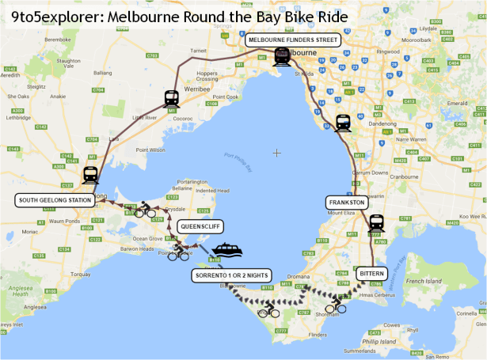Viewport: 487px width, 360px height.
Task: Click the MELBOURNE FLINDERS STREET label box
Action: pyautogui.click(x=292, y=40)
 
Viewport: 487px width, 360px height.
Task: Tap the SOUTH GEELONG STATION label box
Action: pyautogui.click(x=55, y=201)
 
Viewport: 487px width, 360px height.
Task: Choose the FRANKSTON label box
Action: pyautogui.click(x=347, y=203)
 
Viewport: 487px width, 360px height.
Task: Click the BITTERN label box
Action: pyautogui.click(x=371, y=273)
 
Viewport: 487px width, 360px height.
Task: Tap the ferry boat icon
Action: pyautogui.click(x=225, y=250)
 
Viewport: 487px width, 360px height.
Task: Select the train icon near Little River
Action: pyautogui.click(x=171, y=98)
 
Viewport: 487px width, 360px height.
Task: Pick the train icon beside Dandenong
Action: pyautogui.click(x=343, y=123)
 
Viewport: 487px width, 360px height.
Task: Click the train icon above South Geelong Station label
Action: pyautogui.click(x=90, y=175)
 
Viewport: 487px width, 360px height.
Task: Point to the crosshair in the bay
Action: pyautogui.click(x=276, y=152)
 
